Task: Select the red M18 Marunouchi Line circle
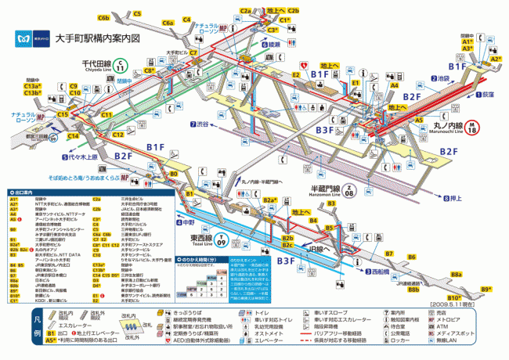[473, 124]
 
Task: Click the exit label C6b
[103, 17]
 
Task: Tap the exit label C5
[137, 14]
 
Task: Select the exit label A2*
[495, 59]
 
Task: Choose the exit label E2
[296, 75]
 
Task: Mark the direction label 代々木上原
[80, 157]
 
